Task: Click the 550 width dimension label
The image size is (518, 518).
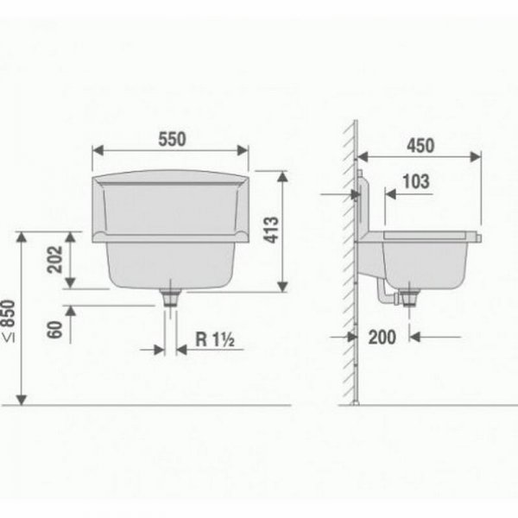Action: pos(172,139)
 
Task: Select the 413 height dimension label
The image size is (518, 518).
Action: pos(272,230)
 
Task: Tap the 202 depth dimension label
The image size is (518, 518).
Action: pos(55,260)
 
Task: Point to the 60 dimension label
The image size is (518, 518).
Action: pos(55,330)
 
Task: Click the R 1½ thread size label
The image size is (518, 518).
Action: pos(215,339)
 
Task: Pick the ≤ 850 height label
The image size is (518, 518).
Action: pos(9,321)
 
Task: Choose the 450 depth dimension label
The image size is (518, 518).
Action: pos(420,146)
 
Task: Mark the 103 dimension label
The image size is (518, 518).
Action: pos(416,181)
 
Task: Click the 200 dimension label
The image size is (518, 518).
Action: pos(382,338)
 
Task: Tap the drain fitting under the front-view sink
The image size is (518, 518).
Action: pos(170,297)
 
